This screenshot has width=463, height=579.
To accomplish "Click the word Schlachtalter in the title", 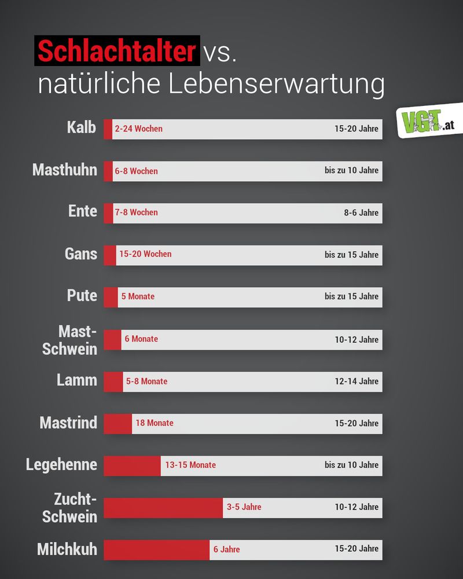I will coord(118,51).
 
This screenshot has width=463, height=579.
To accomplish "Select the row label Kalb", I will coord(82,127).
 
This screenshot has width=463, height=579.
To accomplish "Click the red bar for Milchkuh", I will coord(156,549).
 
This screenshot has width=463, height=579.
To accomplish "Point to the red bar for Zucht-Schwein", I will coord(163,507).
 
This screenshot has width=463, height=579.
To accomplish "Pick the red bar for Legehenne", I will coord(132,465).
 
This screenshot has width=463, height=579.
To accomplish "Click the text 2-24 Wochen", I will coord(138,129).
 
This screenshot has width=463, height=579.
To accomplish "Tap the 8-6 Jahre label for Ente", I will coord(361,212).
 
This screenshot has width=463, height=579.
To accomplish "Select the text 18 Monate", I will coord(155,423).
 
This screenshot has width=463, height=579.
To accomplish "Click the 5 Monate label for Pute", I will coord(138,296).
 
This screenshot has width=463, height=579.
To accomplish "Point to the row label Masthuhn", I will coord(65,170).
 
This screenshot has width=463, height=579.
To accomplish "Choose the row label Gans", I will coord(81,254).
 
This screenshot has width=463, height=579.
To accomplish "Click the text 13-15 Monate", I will coord(190,465).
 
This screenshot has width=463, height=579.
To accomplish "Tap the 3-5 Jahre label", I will coord(244,507).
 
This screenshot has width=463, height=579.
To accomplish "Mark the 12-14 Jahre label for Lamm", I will coord(357,381).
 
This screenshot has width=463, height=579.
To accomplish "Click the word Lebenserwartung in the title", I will coord(277,85).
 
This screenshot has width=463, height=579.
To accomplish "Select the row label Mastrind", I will coord(68,423).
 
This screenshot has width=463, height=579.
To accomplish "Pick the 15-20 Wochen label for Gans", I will coord(145,254).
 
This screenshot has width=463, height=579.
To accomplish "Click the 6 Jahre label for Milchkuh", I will coord(226,549).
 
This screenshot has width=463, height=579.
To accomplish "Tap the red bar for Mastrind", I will coord(117,423).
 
